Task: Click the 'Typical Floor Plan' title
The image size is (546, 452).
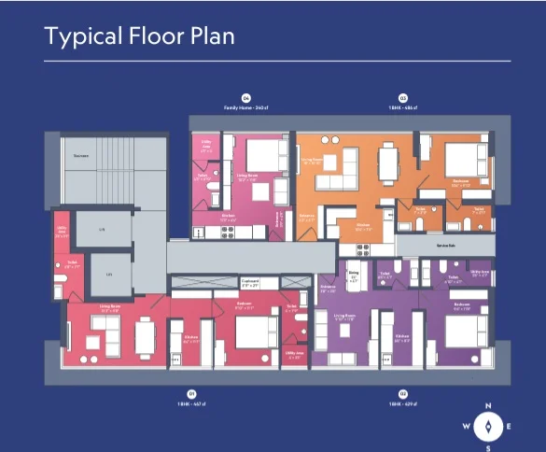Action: [x=139, y=37]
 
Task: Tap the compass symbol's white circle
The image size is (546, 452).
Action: [x=488, y=426]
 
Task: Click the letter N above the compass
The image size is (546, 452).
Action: [x=488, y=405]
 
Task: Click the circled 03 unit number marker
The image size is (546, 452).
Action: [x=403, y=97]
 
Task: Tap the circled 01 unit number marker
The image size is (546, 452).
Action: [x=191, y=394]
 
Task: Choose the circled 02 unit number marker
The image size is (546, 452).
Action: [x=403, y=394]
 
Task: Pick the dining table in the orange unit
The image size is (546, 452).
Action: [x=387, y=166]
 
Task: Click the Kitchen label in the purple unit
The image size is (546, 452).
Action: [x=402, y=335]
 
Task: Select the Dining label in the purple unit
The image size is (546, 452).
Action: [x=354, y=276]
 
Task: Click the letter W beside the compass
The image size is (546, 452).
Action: [x=465, y=426]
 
